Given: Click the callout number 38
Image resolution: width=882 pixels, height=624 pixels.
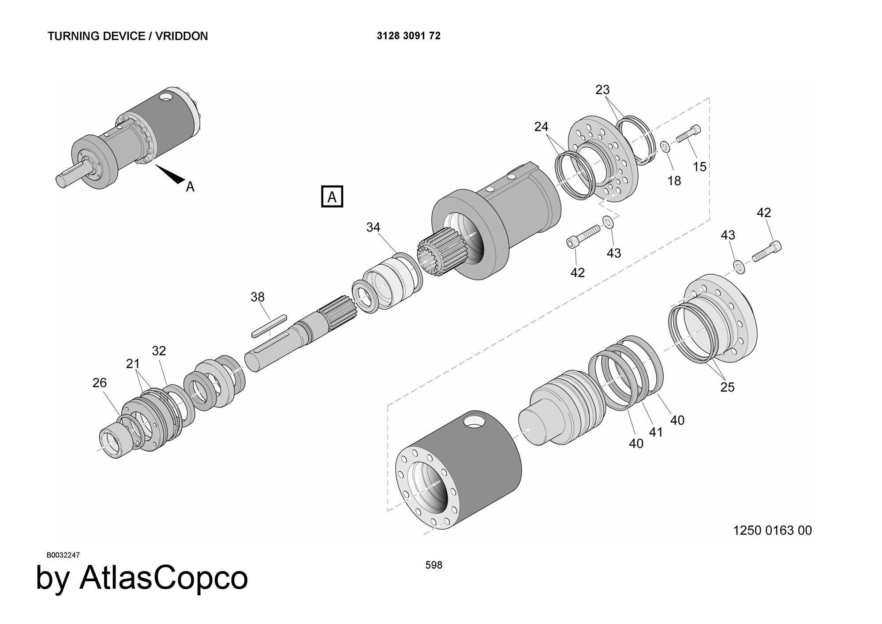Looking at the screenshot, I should click(x=258, y=297).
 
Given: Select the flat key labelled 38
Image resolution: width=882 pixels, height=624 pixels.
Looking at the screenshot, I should click(x=269, y=326).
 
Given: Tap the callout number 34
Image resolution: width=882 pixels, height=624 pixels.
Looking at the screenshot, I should click(x=373, y=227).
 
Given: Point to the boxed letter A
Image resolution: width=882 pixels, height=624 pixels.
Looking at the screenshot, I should click(x=332, y=197).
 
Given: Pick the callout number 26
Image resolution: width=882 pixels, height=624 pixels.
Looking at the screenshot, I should click(x=100, y=382).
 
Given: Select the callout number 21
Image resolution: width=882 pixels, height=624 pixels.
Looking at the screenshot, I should click(x=133, y=364).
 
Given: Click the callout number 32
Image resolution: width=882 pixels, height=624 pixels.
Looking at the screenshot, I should click(x=159, y=351).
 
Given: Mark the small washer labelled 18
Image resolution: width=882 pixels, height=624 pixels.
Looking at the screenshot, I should click(x=665, y=146).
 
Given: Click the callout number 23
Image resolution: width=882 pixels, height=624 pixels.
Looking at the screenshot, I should click(x=602, y=90).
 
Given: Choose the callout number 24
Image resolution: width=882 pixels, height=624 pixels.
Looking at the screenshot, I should click(x=541, y=127).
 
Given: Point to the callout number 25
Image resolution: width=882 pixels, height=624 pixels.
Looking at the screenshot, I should click(x=727, y=387).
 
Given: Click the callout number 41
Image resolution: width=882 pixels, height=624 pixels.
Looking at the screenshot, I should click(x=656, y=432).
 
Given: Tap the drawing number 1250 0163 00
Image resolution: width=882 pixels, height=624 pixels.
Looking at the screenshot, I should click(x=772, y=530).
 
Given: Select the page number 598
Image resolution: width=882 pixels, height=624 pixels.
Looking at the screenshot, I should click(x=434, y=565).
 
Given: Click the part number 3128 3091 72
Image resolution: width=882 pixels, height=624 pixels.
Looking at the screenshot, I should click(x=408, y=36).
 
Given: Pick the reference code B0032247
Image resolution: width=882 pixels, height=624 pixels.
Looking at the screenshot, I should click(x=63, y=555).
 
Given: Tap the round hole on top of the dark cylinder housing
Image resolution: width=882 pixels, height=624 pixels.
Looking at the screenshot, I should click(x=475, y=422).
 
